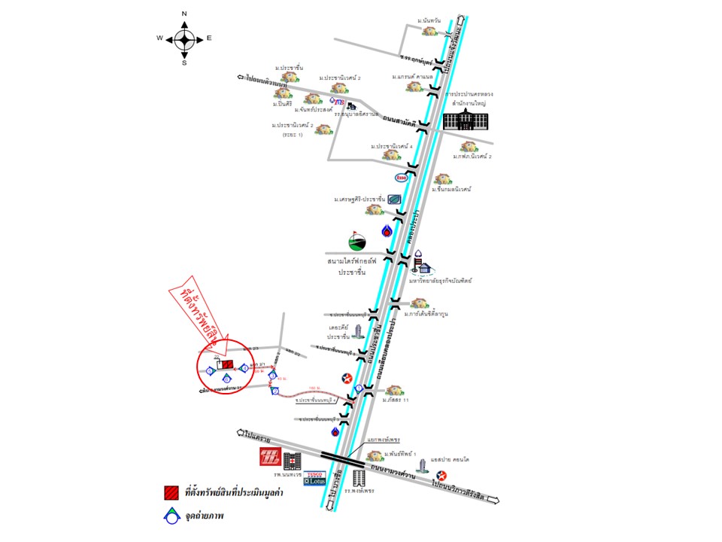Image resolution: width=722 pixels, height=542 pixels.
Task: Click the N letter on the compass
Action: tap(184, 14)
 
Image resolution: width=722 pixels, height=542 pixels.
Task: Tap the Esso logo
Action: tap(402, 178)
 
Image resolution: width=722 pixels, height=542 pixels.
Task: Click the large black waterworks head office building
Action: tap(465, 120)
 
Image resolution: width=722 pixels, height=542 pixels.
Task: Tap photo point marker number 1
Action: tap(359, 388)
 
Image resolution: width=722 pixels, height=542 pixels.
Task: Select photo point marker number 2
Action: tap(275, 391)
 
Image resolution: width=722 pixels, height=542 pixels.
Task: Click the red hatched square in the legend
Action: tap(171, 492)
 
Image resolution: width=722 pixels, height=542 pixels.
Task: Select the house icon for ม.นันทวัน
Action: tap(429, 31)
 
